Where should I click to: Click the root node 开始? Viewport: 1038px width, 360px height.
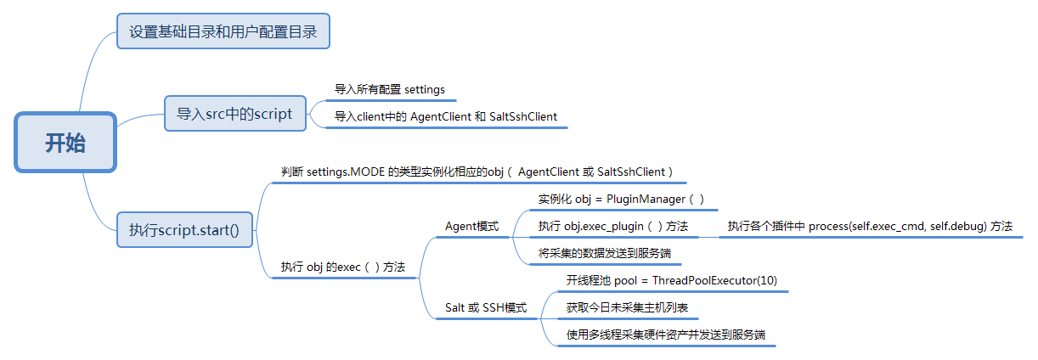65,143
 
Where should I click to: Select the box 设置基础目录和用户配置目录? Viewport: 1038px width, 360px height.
223,32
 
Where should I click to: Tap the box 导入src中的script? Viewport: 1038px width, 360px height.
234,113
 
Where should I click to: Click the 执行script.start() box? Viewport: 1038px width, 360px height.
184,229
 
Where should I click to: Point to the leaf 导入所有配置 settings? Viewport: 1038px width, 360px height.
389,89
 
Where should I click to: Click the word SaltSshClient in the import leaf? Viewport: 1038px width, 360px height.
523,116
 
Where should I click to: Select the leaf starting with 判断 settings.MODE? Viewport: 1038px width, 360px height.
477,172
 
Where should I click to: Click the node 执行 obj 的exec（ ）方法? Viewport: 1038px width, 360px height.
342,267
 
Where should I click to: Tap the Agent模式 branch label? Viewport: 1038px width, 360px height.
471,227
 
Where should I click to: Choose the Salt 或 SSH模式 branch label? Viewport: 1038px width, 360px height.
486,307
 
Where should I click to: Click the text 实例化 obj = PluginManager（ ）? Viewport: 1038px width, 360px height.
621,199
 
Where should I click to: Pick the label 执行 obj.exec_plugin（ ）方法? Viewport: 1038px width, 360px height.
612,227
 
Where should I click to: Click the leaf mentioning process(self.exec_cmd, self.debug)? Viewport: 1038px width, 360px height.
869,227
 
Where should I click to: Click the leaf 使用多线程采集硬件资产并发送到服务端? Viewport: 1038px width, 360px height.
665,335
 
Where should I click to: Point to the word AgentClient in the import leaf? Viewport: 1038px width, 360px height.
442,116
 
